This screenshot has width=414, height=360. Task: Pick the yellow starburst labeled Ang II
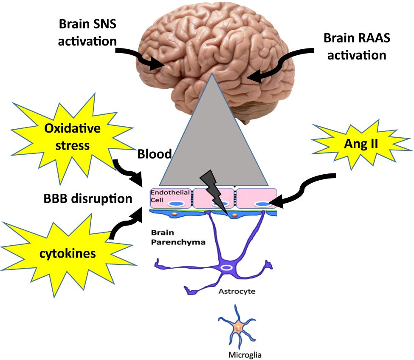tap(361, 144)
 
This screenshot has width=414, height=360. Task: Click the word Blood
tap(154, 154)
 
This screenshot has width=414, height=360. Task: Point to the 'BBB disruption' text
tap(88, 198)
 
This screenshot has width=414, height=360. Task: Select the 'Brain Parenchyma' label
tap(172, 238)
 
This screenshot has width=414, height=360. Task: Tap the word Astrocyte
tap(237, 292)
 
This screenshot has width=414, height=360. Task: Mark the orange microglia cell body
tap(238, 327)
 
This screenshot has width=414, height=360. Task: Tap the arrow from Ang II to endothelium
tap(306, 189)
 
